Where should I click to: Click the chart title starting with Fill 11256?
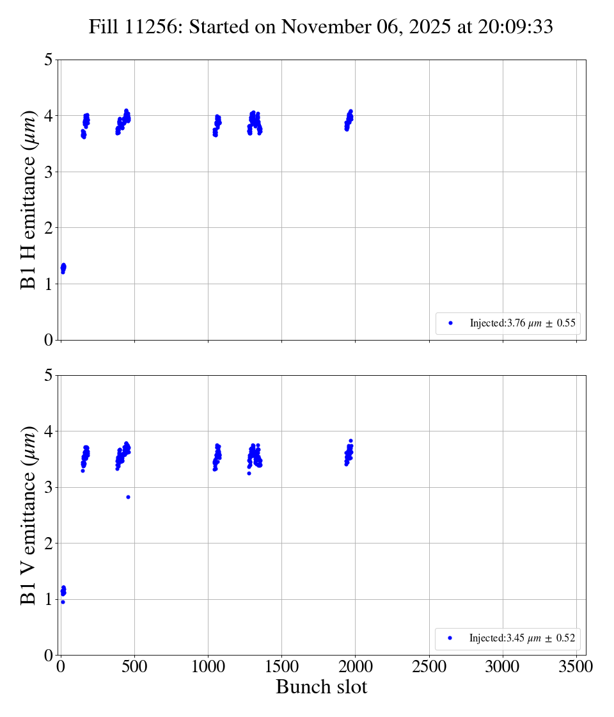tap(320, 26)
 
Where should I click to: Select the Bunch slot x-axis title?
tap(321, 687)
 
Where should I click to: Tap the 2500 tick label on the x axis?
tap(429, 667)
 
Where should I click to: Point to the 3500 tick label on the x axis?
tap(576, 667)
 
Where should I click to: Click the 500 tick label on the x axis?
tap(134, 667)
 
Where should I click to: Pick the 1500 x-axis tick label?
tap(281, 667)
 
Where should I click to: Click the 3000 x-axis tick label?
tap(503, 667)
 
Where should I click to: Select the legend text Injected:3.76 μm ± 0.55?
tap(523, 323)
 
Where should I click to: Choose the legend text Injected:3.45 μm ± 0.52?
tap(522, 638)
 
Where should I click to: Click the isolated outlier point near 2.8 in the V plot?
tap(128, 497)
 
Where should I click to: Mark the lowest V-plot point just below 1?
tap(63, 602)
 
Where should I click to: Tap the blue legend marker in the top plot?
tap(450, 323)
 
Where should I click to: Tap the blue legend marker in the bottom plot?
tap(450, 638)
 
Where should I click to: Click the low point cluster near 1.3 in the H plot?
tap(63, 268)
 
